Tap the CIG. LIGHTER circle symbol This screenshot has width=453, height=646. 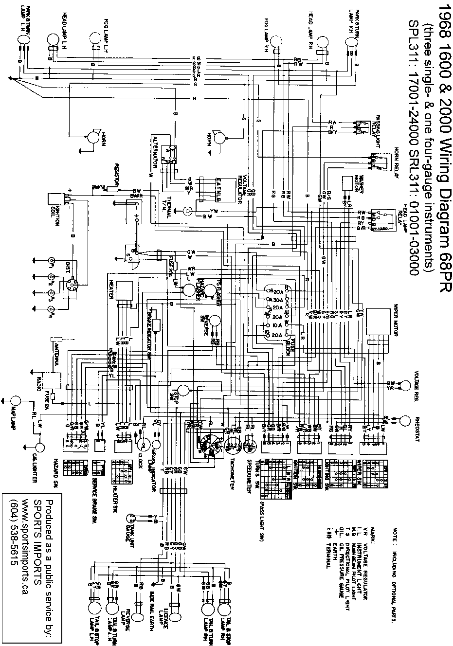click(39, 447)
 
